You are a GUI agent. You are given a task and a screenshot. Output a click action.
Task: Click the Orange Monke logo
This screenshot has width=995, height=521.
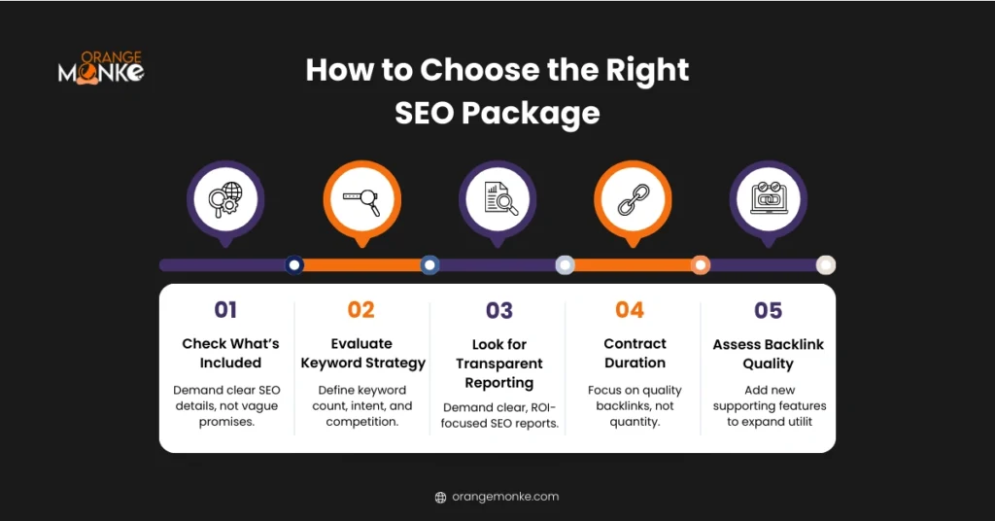[x=100, y=69]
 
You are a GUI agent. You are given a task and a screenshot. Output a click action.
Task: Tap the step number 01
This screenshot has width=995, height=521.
[x=225, y=310]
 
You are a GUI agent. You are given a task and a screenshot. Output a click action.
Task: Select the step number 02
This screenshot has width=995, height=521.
[x=360, y=310]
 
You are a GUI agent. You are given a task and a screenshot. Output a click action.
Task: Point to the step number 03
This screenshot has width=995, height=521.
[x=499, y=310]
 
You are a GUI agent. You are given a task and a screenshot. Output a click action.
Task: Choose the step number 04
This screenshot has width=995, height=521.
[x=630, y=310]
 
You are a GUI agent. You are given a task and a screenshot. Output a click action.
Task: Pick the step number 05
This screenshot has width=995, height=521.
[x=768, y=310]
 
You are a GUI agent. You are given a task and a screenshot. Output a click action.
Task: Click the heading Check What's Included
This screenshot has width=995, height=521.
[x=230, y=353]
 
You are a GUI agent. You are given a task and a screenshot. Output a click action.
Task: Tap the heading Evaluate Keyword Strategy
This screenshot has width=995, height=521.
[x=362, y=353]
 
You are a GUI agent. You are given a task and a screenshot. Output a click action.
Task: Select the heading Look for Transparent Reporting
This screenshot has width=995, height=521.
[x=499, y=364]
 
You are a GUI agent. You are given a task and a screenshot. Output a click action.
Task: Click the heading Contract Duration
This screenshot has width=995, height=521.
[x=635, y=353]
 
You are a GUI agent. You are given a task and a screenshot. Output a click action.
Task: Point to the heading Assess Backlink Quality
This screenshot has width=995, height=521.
[x=768, y=354]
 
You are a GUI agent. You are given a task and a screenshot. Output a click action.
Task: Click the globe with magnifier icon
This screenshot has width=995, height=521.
[x=225, y=199]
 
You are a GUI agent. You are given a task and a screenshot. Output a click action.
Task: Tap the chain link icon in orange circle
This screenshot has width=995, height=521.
[x=633, y=199]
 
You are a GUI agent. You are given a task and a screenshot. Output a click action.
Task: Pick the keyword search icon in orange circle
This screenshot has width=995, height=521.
[x=361, y=199]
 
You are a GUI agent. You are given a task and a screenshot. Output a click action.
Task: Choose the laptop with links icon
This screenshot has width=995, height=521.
[x=768, y=199]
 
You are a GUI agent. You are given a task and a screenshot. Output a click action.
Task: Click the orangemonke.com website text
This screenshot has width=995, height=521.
[x=505, y=497]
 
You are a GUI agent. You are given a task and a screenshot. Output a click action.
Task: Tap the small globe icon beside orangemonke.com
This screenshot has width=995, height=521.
[x=440, y=497]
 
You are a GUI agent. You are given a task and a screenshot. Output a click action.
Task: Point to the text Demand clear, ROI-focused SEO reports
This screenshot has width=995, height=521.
[x=500, y=415]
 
